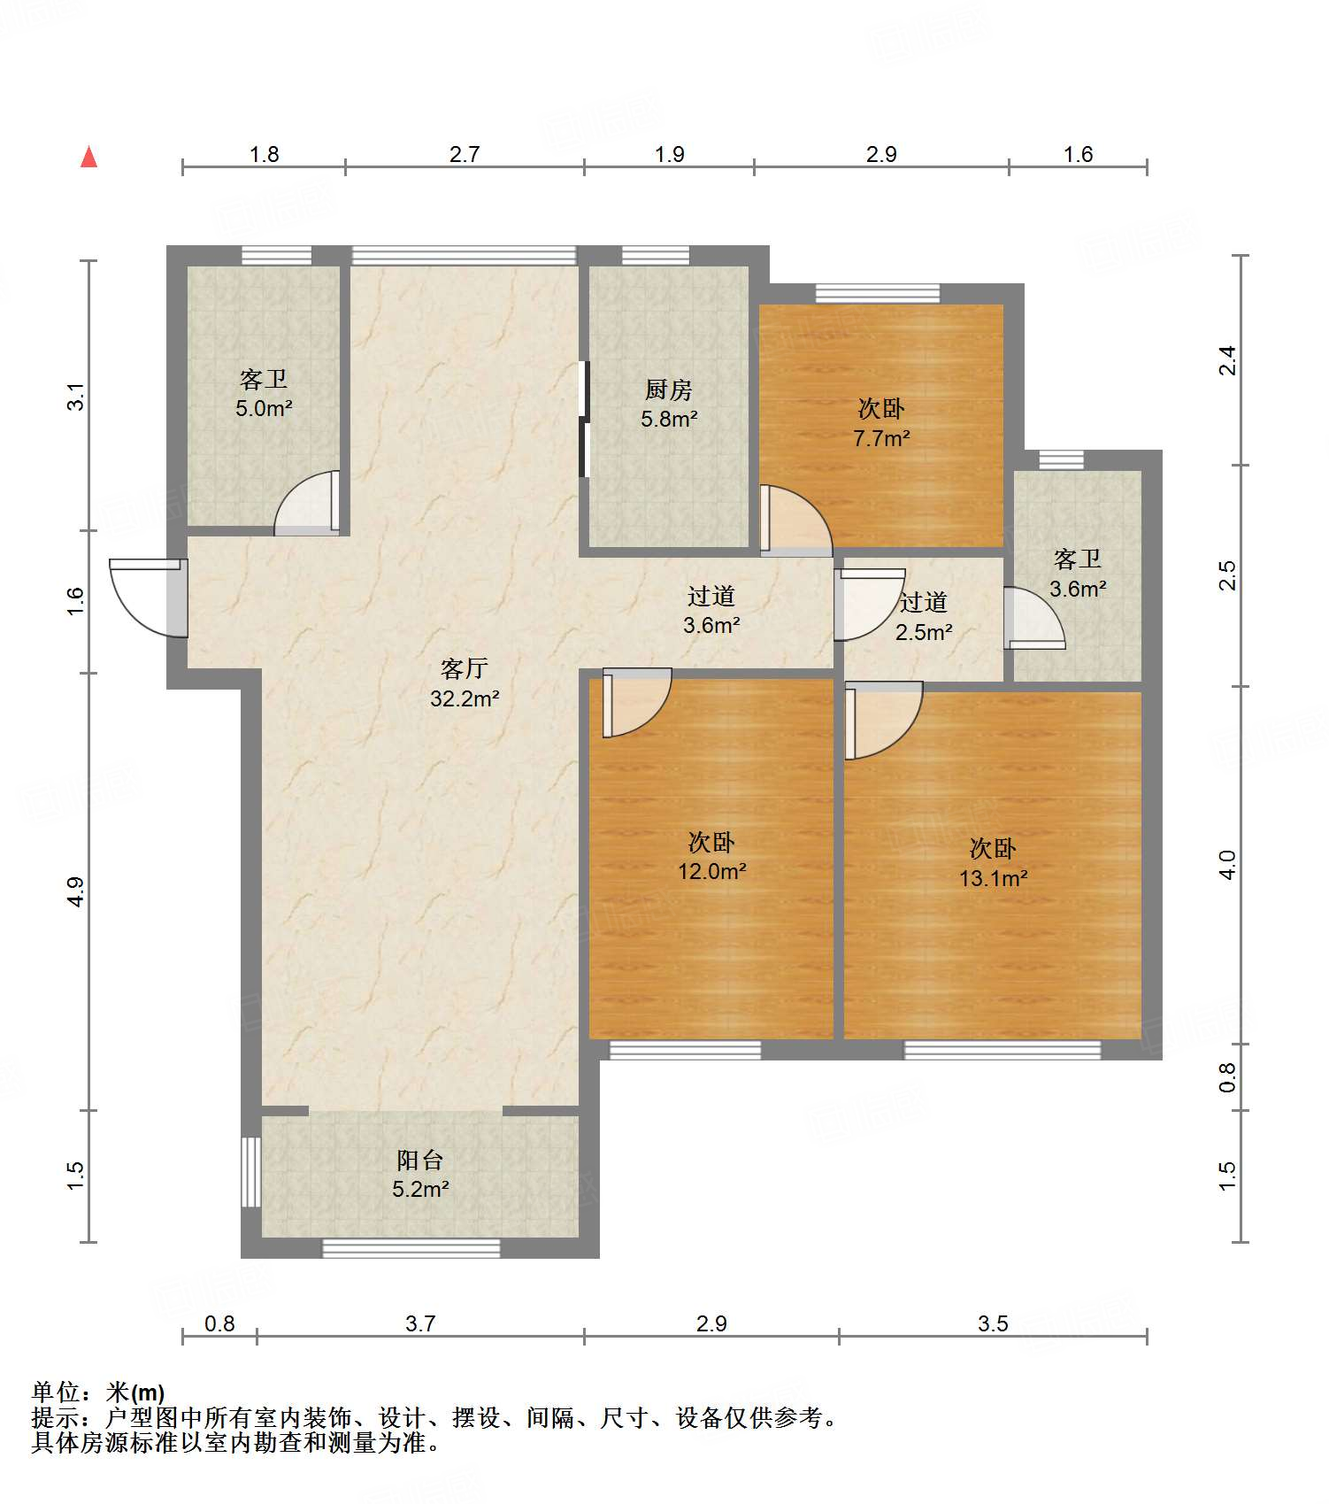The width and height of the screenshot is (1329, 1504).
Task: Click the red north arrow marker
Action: point(88,157)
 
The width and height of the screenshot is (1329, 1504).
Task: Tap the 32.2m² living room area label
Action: point(465,698)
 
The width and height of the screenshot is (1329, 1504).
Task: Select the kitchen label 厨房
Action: point(669,389)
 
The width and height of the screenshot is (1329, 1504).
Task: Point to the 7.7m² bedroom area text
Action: point(881,437)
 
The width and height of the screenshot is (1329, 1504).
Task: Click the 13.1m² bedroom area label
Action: point(994,878)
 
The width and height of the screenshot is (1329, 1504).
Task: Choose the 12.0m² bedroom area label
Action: point(712,871)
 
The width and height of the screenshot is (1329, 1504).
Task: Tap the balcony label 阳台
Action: point(420,1160)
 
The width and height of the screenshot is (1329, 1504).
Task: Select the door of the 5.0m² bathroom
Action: point(307,503)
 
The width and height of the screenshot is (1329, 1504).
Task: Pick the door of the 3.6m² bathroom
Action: point(1033,618)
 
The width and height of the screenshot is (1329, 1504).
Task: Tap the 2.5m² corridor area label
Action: point(924,632)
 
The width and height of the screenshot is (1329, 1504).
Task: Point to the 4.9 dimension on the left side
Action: point(76,891)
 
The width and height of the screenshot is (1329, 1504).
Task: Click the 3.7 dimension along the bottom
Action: point(420,1323)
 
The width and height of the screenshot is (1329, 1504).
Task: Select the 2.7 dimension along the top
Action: point(464,154)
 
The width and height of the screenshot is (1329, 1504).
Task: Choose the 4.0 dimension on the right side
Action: point(1227,864)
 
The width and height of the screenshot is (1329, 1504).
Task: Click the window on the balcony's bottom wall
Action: point(411,1248)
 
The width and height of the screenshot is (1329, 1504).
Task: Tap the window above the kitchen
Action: point(656,255)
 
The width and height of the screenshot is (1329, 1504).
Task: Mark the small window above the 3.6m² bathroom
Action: point(1061,459)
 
